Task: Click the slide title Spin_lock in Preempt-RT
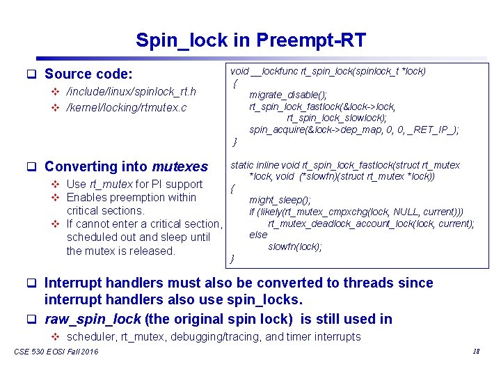[250, 40]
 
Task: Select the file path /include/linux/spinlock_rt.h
[131, 92]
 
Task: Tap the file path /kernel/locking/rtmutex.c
[126, 107]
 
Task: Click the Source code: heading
[88, 74]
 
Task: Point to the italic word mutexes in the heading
[180, 166]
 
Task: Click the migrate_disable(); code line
[288, 95]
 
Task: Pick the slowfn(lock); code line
[295, 246]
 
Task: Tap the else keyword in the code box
[258, 235]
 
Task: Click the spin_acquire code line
[353, 130]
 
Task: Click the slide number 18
[476, 352]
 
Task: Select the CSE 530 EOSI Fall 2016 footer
[56, 352]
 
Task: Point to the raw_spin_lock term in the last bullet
[93, 319]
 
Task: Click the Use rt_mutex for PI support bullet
[134, 185]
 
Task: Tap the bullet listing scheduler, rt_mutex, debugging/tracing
[214, 337]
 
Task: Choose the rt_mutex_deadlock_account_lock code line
[371, 224]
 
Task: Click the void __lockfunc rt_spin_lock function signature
[328, 71]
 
